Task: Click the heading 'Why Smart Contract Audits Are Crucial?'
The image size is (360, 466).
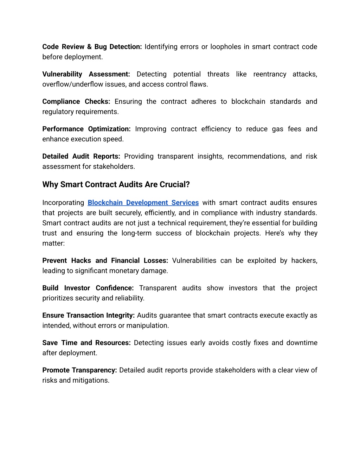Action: (x=116, y=185)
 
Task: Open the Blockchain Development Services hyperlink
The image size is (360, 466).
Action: (x=143, y=203)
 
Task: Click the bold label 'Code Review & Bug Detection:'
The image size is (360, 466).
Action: (x=92, y=47)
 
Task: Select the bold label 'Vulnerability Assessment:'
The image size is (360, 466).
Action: (x=86, y=74)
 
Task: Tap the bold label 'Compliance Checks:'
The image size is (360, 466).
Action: (x=76, y=102)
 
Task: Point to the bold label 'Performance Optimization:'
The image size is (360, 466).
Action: (x=86, y=129)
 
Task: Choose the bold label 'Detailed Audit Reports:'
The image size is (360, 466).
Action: (x=81, y=157)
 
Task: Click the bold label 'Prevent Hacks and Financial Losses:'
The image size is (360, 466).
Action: (x=105, y=261)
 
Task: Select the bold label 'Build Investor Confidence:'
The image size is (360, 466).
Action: (x=88, y=288)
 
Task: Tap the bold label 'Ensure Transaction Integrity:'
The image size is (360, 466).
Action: (x=89, y=315)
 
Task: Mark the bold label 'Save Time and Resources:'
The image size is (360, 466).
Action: (x=86, y=343)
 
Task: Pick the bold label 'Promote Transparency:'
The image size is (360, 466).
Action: (x=79, y=370)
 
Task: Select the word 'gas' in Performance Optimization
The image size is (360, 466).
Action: (x=277, y=129)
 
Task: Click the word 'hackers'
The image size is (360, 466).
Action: (x=304, y=261)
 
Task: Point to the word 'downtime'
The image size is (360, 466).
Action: (x=302, y=343)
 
